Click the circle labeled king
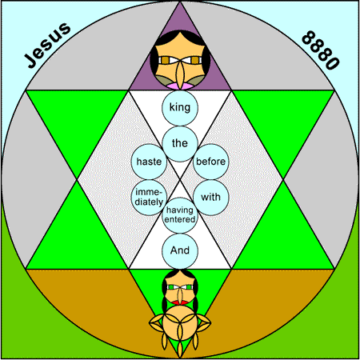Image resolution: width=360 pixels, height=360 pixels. click(x=180, y=108)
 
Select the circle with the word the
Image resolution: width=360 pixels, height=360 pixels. click(x=180, y=144)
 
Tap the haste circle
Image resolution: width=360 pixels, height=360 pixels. click(x=149, y=162)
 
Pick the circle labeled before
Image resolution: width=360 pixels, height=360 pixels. click(x=211, y=162)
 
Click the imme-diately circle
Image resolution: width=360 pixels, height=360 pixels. click(x=149, y=198)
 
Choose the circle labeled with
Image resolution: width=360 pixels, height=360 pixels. click(x=211, y=198)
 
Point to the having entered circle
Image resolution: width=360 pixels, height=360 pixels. click(x=180, y=215)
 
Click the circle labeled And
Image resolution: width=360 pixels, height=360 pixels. click(x=180, y=251)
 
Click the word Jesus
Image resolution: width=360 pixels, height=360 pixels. click(x=47, y=45)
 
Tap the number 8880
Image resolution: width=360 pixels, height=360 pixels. click(x=321, y=50)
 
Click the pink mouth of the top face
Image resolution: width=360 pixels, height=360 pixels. click(x=180, y=86)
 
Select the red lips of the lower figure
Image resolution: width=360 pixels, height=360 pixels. click(x=180, y=303)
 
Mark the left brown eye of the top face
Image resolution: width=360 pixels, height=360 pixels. click(x=166, y=60)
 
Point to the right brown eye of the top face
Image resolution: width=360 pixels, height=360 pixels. click(x=195, y=60)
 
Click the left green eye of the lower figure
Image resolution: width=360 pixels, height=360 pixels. click(x=171, y=287)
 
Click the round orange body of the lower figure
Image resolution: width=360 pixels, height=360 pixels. click(x=180, y=323)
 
